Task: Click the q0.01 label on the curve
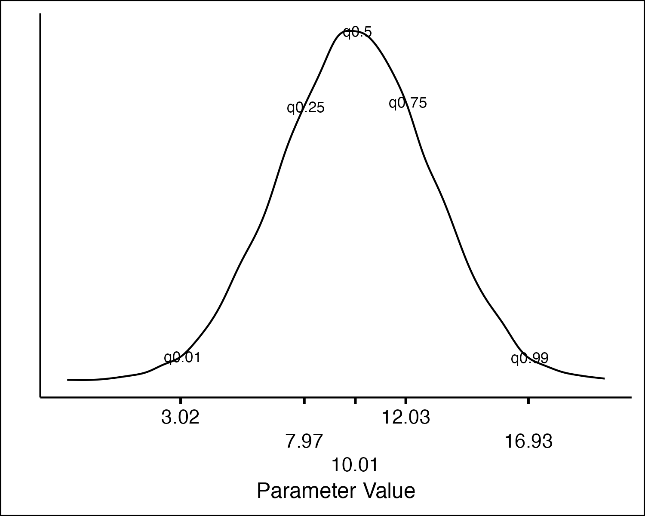[182, 357]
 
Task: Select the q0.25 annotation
[306, 107]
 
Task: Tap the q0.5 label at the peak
[357, 32]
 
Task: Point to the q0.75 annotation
[408, 103]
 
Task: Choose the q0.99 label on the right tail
[530, 358]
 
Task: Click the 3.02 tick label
[181, 418]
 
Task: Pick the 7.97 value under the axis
[304, 441]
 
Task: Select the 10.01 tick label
[355, 465]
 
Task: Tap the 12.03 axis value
[406, 418]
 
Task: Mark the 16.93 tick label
[528, 441]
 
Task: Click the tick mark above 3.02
[181, 401]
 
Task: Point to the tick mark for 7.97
[304, 401]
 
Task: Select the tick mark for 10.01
[356, 401]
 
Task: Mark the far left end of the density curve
[68, 380]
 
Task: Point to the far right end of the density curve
[604, 378]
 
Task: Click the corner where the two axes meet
[40, 397]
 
